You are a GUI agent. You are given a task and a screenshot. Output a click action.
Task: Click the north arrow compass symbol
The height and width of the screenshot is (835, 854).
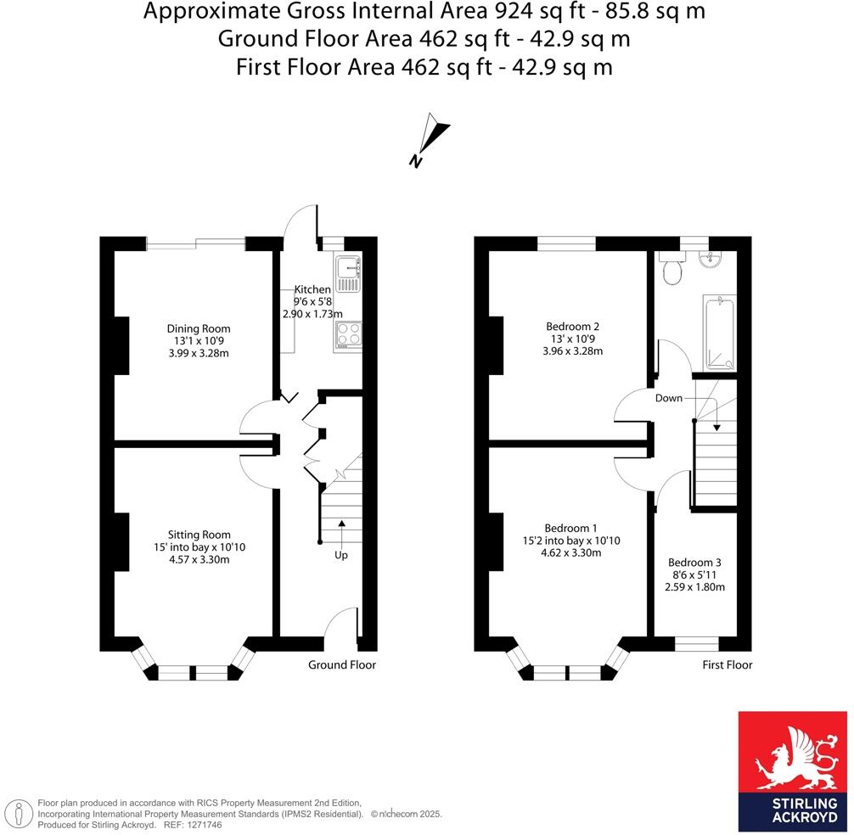click(x=430, y=139)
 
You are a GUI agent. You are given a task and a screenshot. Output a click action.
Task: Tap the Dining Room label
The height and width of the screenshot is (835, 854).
click(x=198, y=328)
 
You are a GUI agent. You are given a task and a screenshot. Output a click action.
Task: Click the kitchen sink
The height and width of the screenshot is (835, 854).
click(x=348, y=269)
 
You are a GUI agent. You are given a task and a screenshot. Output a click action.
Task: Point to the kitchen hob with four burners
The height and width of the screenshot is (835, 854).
click(x=348, y=335)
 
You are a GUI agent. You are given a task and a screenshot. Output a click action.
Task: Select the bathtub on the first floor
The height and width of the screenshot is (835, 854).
click(x=719, y=333)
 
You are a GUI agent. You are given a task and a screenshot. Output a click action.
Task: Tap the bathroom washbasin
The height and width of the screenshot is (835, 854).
click(x=709, y=260)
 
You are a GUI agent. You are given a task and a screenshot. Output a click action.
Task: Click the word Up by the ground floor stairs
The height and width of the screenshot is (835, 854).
click(x=340, y=555)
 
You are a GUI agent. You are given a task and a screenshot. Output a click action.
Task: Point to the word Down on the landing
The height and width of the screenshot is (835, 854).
click(x=668, y=397)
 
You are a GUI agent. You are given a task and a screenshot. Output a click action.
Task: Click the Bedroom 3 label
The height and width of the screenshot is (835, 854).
click(x=694, y=563)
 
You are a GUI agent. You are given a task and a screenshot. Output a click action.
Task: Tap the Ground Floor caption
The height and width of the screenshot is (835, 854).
click(x=341, y=664)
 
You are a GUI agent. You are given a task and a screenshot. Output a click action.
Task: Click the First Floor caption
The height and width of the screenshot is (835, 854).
click(x=727, y=664)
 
